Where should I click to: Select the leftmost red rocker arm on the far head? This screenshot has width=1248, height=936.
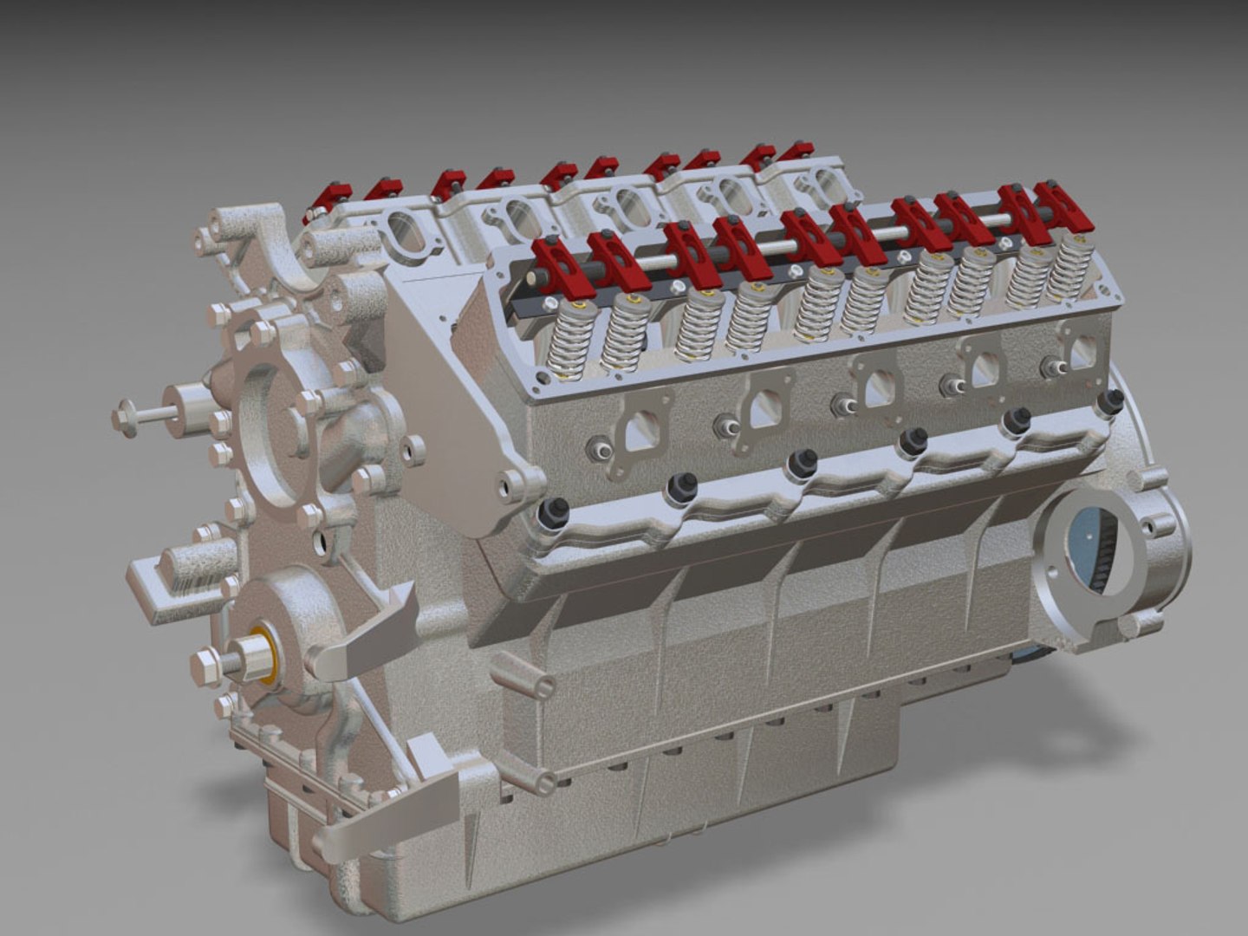(x=320, y=205)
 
